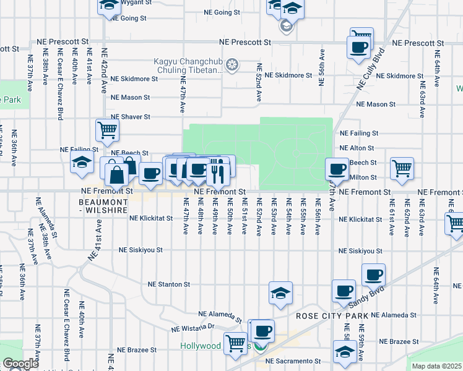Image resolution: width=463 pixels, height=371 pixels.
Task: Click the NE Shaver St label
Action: [x=130, y=116]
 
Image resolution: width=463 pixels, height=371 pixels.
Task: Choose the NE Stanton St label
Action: [x=168, y=284]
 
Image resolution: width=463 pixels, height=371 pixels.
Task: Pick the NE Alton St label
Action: [x=357, y=148]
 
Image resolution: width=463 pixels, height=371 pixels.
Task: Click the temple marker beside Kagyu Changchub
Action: [x=233, y=65]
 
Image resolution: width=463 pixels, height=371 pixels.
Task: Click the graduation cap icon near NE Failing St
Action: [x=81, y=163]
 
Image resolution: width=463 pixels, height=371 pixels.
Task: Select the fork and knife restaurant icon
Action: [x=217, y=173]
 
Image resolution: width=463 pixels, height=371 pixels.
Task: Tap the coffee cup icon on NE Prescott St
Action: [x=358, y=47]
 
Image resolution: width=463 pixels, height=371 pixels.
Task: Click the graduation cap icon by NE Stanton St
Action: [x=280, y=292]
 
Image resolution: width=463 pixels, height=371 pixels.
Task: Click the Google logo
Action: [x=20, y=364]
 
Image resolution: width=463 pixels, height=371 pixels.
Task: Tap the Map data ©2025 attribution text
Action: [x=436, y=366]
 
